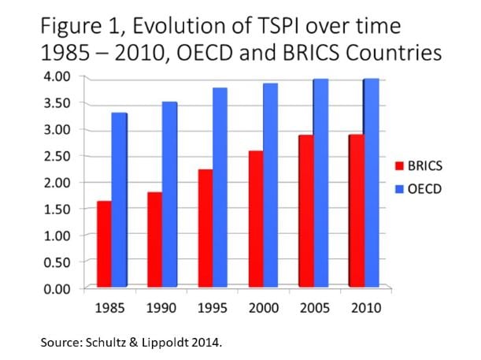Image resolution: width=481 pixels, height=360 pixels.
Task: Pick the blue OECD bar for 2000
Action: tap(269, 185)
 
